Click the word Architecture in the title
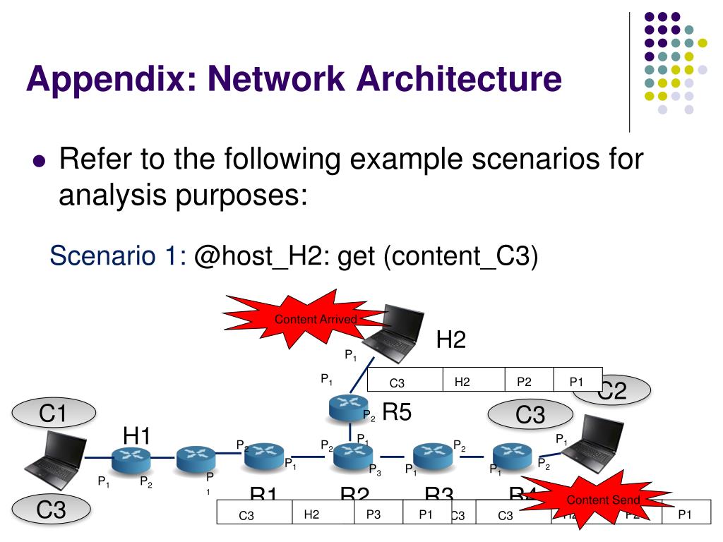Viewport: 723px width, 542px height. click(x=460, y=79)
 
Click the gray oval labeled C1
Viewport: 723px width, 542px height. click(x=52, y=414)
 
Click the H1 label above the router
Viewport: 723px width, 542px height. click(x=136, y=436)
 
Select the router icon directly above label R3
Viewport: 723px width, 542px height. click(x=427, y=456)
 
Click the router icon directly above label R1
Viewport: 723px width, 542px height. click(x=264, y=456)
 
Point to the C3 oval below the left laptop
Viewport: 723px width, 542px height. click(x=51, y=510)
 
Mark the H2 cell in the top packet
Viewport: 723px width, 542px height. click(x=462, y=382)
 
